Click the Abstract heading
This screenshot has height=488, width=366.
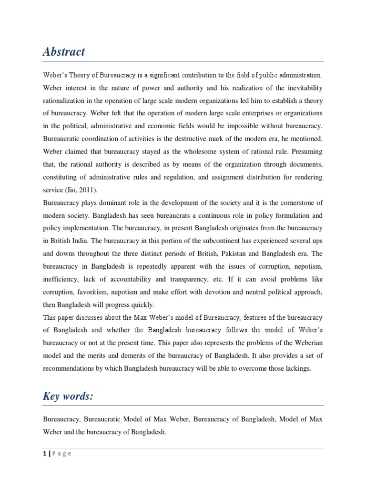(x=63, y=52)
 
